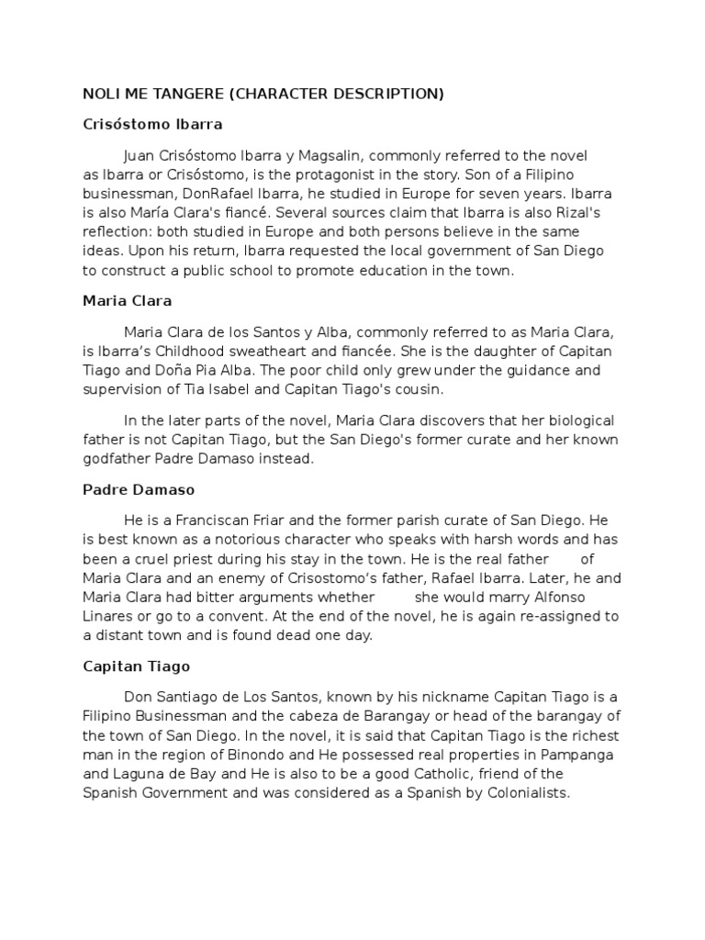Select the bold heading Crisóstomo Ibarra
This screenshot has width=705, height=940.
click(152, 123)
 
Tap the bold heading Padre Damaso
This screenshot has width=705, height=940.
click(139, 490)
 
